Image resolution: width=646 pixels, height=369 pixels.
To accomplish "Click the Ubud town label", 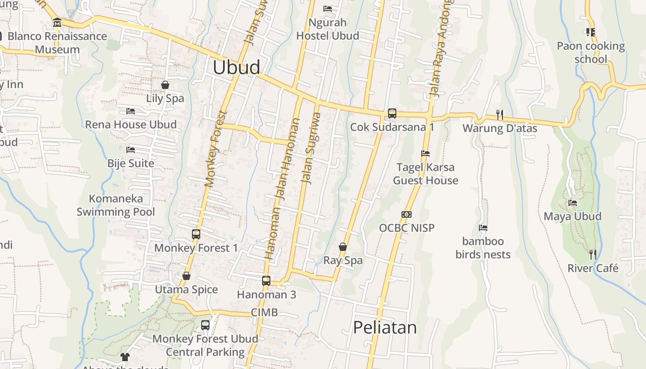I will (x=236, y=67).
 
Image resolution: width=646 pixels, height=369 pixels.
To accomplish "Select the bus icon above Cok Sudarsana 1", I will (x=392, y=113).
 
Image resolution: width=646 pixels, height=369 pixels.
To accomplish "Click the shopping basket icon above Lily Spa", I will (x=165, y=85).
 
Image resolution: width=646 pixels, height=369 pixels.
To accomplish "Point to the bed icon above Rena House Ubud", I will (x=131, y=111).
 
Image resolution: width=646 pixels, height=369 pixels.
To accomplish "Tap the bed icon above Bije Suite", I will (x=131, y=150).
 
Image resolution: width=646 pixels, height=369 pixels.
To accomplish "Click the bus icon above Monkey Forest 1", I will (x=196, y=234).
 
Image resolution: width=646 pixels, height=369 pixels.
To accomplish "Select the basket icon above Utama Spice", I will (x=186, y=276).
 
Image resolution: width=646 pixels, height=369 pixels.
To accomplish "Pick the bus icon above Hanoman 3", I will (x=266, y=280).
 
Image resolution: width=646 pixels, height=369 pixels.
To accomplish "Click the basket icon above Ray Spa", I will (x=343, y=247).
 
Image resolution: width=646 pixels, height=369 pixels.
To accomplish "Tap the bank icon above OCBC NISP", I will (x=407, y=214).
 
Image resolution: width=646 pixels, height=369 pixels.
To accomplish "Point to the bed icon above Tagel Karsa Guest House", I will (x=425, y=154).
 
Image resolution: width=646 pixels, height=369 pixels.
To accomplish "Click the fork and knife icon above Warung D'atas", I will (x=500, y=114).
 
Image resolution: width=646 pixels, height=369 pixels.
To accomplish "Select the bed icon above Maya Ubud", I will (x=573, y=203).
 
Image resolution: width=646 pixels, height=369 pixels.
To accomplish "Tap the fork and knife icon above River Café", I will (x=593, y=254).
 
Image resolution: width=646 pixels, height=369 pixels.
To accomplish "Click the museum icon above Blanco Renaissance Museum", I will (x=57, y=23).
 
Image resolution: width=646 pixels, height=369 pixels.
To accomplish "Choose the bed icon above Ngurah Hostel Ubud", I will (x=328, y=9).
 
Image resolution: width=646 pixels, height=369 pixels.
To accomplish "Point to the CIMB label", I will (x=264, y=313).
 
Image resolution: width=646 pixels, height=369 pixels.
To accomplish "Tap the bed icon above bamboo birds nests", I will (x=483, y=228).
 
